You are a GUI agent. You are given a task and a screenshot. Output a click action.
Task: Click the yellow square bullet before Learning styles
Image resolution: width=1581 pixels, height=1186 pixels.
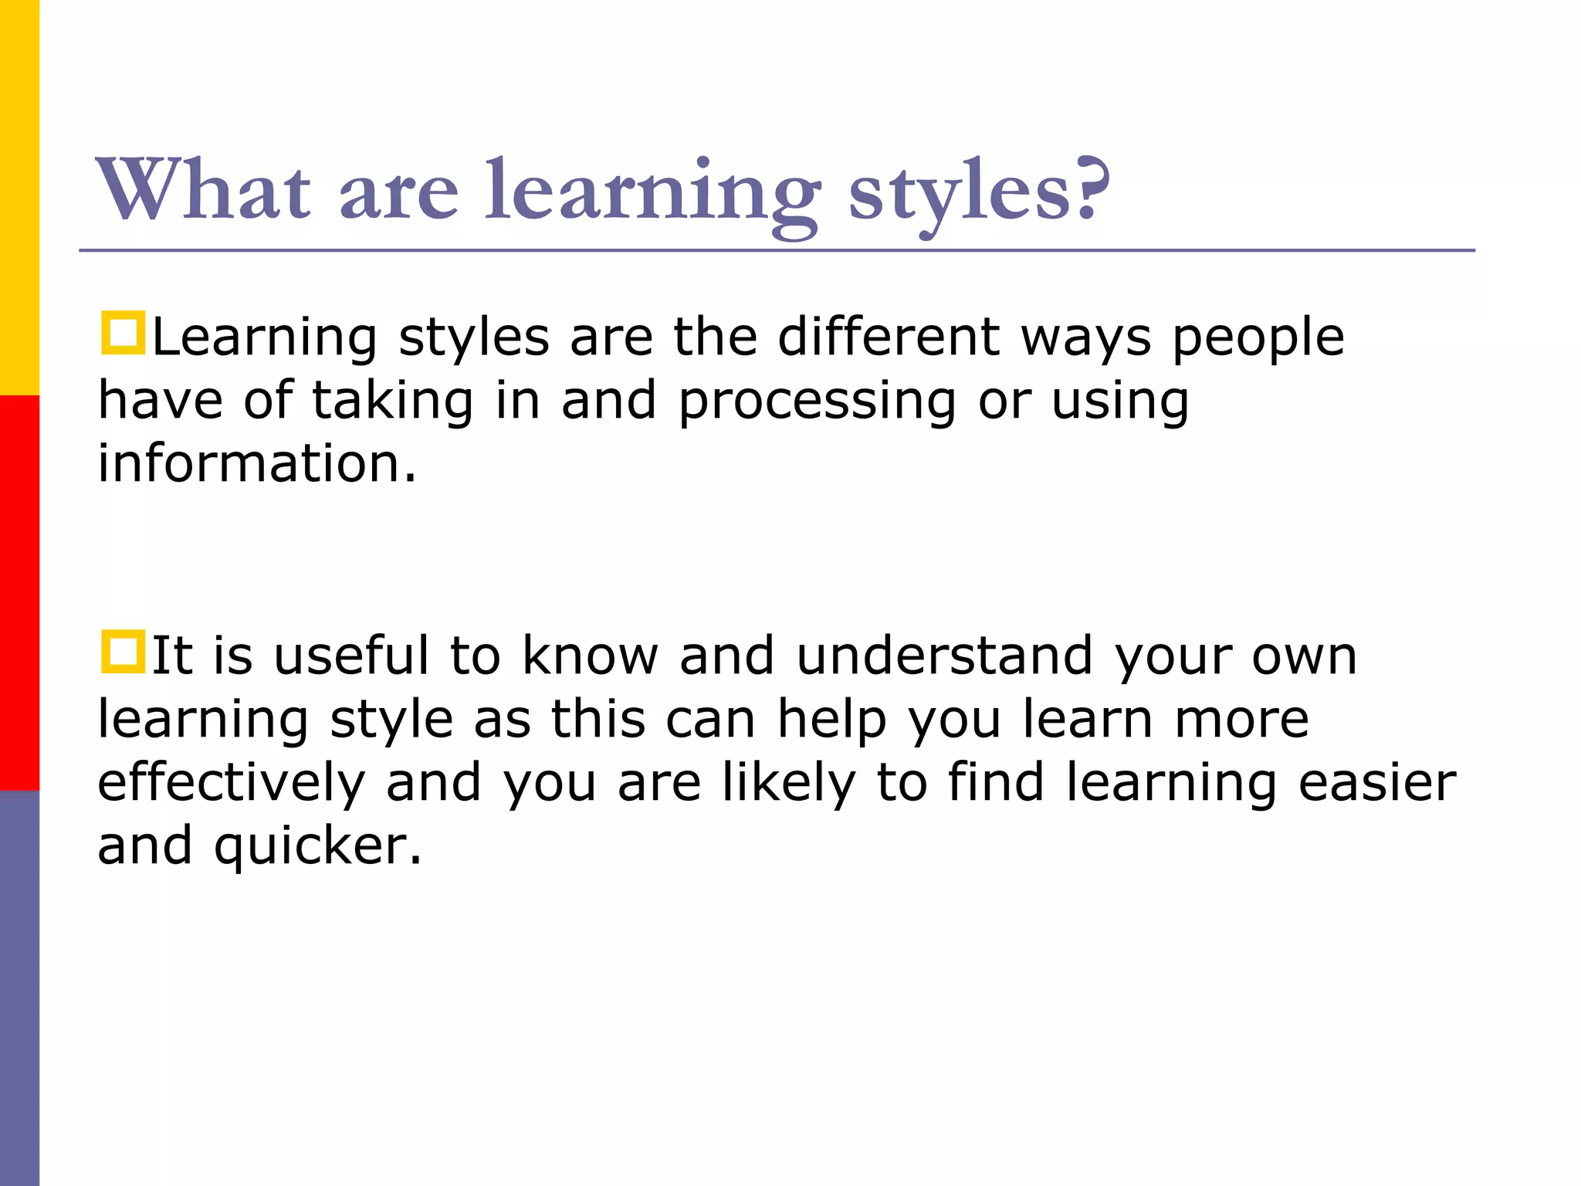123,334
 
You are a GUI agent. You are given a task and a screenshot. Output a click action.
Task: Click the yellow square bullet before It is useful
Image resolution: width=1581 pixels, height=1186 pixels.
123,652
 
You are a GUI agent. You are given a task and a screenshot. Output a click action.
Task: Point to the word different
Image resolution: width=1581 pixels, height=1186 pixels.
889,337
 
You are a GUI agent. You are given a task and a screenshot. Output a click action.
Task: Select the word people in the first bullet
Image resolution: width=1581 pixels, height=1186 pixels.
1258,340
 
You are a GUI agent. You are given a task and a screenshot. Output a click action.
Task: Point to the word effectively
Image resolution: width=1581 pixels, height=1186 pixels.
231,784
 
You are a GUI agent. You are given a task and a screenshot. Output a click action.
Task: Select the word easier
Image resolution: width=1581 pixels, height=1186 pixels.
1377,783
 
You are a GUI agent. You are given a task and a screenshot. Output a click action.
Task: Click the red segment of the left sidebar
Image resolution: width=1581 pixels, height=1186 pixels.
19,593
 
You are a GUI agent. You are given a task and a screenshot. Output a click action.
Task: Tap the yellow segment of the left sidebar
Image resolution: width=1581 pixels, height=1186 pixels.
19,198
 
